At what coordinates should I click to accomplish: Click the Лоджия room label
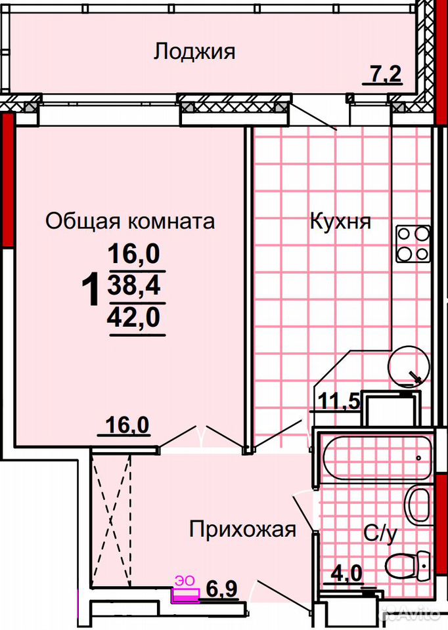point(194,52)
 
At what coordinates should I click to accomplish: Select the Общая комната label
point(130,220)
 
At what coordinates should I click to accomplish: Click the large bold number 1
point(91,288)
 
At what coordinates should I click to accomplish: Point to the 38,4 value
point(134,285)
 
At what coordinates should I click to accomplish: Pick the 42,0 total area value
point(134,318)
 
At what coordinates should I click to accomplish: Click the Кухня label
point(340,221)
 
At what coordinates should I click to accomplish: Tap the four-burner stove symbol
point(413,243)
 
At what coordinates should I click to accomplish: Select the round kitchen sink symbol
point(409,366)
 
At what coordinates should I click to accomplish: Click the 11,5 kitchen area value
point(338,400)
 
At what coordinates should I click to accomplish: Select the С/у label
point(380,535)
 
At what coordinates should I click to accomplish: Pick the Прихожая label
point(242,530)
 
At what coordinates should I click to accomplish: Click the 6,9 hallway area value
point(221,590)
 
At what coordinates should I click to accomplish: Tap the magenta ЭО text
point(184,580)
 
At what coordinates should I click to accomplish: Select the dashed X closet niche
point(110,520)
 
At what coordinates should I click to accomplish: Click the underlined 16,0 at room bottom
point(127,426)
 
